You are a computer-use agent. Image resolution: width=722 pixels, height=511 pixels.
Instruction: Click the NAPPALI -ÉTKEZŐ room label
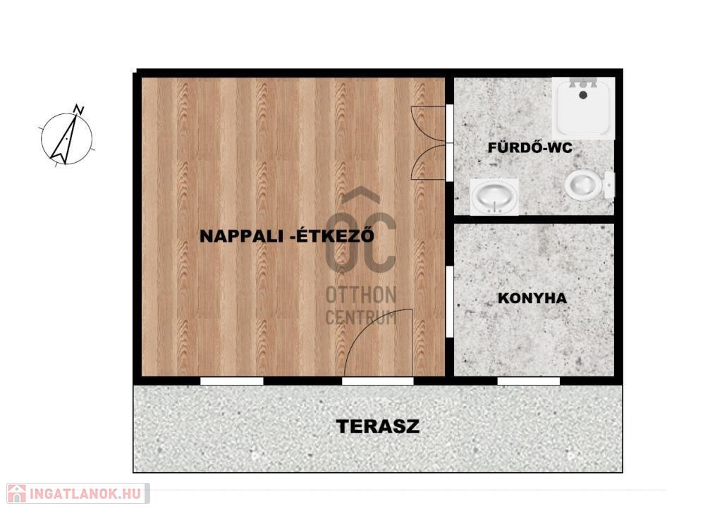(x=286, y=235)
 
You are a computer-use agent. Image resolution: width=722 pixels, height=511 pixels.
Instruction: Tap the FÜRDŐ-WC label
(x=530, y=148)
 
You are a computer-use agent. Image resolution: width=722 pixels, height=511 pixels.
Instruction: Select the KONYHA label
(x=532, y=298)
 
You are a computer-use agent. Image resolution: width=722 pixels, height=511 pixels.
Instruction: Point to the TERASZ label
(x=378, y=426)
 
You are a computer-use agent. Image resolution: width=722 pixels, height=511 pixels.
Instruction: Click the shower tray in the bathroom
(x=583, y=108)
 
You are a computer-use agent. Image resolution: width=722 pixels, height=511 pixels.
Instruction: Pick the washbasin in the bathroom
(x=494, y=197)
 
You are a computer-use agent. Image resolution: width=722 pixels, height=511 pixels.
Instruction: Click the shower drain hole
(x=583, y=95)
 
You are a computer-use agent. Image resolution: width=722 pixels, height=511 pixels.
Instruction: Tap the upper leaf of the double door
(x=428, y=123)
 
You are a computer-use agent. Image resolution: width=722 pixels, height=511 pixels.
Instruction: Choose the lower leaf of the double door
(x=428, y=162)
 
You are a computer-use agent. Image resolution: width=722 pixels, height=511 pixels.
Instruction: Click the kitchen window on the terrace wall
(x=529, y=381)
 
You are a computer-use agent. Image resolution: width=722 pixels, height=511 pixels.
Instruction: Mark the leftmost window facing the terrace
(x=231, y=381)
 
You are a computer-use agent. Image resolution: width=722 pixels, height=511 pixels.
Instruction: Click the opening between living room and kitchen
(x=450, y=302)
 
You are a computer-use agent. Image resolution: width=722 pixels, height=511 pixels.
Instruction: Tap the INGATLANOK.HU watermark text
(x=85, y=494)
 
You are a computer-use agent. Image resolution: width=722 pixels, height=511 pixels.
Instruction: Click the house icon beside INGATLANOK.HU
(x=17, y=493)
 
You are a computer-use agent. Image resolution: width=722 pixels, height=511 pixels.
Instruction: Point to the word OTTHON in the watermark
(x=361, y=295)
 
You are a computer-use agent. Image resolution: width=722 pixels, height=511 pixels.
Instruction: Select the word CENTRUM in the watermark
(x=361, y=318)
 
